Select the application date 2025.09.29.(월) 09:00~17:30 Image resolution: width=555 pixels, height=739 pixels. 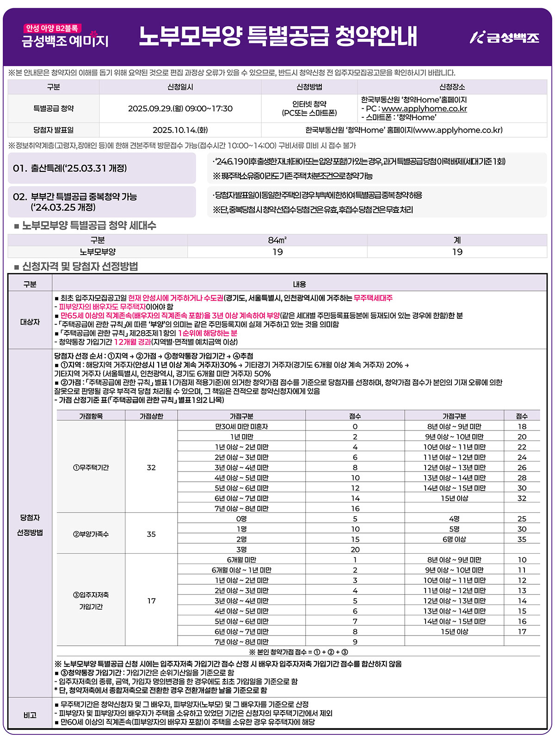180,109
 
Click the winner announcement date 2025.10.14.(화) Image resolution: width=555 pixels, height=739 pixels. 180,130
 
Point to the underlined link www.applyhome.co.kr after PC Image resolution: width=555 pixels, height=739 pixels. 424,109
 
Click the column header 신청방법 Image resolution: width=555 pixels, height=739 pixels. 309,87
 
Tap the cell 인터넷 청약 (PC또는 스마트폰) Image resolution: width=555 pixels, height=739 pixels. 309,109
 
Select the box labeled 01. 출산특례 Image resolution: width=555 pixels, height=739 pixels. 102,168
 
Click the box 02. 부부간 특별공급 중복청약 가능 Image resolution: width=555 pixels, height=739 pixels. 102,202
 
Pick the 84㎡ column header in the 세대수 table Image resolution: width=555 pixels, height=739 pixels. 277,240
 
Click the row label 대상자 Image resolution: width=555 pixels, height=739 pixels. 30,322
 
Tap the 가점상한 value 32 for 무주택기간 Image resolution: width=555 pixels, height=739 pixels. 151,467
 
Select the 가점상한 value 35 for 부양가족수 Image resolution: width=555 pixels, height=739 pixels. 151,534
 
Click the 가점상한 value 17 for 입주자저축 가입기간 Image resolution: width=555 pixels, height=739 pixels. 151,601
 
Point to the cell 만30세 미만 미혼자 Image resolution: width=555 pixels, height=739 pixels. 241,427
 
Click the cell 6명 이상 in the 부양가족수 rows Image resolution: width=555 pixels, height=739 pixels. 454,539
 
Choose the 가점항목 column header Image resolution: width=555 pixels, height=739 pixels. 91,416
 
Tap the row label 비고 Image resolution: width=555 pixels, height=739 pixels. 30,715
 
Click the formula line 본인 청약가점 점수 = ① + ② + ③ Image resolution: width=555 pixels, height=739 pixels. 298,652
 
